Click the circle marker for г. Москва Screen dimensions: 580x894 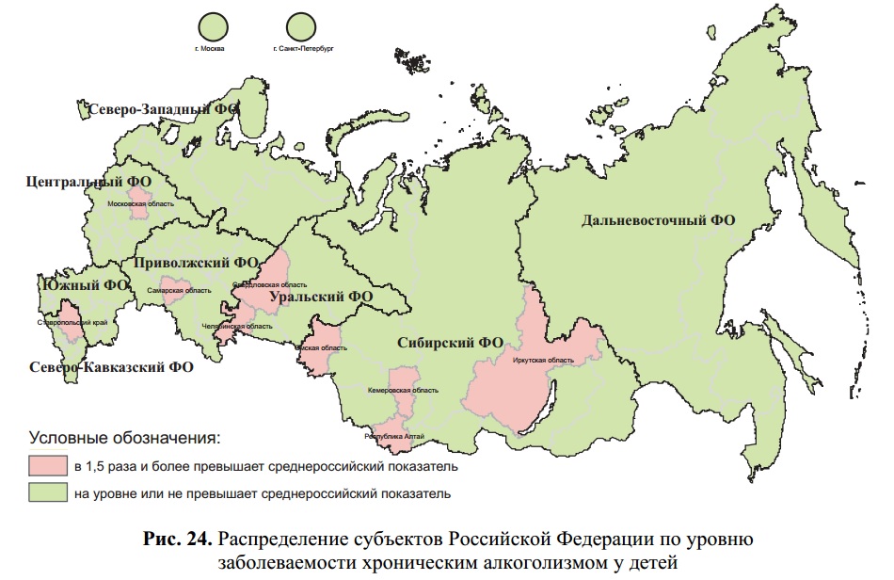tap(216, 24)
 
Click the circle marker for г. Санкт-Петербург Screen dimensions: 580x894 tap(303, 24)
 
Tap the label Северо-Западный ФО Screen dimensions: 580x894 tap(163, 109)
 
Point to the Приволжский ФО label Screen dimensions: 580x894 tap(196, 263)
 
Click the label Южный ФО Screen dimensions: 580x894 tap(85, 285)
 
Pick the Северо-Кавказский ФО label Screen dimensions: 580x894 tap(111, 366)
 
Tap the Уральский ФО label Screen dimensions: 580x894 tap(321, 297)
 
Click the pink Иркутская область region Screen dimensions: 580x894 tap(527, 377)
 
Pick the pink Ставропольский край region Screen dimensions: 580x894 tap(70, 320)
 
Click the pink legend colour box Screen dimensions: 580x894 tap(46, 466)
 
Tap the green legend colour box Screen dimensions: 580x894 tap(46, 492)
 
